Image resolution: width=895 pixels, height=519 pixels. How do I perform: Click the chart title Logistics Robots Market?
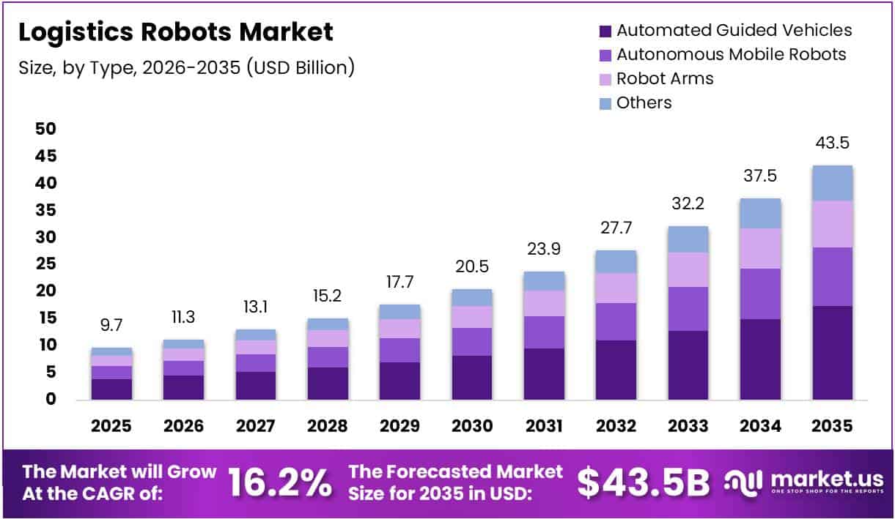[x=175, y=32]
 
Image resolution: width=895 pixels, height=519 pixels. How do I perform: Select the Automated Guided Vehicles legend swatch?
[x=605, y=31]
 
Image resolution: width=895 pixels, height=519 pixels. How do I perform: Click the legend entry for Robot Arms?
[x=664, y=78]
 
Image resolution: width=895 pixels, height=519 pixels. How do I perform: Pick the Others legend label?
[x=644, y=102]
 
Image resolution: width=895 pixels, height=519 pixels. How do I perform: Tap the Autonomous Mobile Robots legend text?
[x=731, y=54]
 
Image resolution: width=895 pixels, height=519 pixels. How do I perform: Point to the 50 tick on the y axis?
[x=45, y=129]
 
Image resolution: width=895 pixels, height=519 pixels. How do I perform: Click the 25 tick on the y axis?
[x=45, y=264]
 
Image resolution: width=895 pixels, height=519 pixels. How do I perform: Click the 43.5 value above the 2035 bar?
[x=832, y=143]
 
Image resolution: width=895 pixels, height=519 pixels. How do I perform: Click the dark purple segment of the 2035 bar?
[x=832, y=353]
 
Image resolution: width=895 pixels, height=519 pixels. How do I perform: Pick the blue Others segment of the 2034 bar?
[x=760, y=213]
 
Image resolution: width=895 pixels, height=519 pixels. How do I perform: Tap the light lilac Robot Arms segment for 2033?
[x=688, y=269]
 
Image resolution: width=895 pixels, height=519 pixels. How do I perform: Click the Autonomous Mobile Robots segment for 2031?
[x=544, y=332]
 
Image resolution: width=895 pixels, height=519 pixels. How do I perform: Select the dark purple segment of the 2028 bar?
[x=328, y=384]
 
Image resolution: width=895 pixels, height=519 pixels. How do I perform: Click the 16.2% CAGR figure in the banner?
[x=280, y=482]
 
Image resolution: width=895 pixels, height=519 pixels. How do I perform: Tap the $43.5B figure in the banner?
[x=643, y=482]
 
